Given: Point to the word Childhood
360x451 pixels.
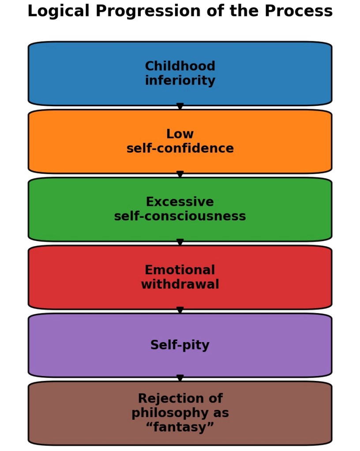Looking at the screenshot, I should click(x=180, y=67).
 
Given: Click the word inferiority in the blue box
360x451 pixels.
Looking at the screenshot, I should click(x=180, y=81).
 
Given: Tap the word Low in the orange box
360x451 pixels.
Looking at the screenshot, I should click(x=180, y=134).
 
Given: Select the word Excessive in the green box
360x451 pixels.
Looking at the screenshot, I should click(x=180, y=202).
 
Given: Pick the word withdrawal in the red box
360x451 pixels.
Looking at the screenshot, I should click(x=180, y=285).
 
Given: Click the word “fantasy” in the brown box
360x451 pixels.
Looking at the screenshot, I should click(x=180, y=428).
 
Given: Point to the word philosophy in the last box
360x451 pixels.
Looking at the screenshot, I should click(x=180, y=414).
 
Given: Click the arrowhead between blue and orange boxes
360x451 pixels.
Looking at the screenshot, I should click(x=180, y=107).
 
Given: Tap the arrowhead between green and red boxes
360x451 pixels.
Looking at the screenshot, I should click(x=180, y=242).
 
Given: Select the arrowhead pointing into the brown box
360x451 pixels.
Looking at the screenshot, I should click(x=180, y=378).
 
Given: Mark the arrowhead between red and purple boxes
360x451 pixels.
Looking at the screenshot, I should click(x=180, y=310).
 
